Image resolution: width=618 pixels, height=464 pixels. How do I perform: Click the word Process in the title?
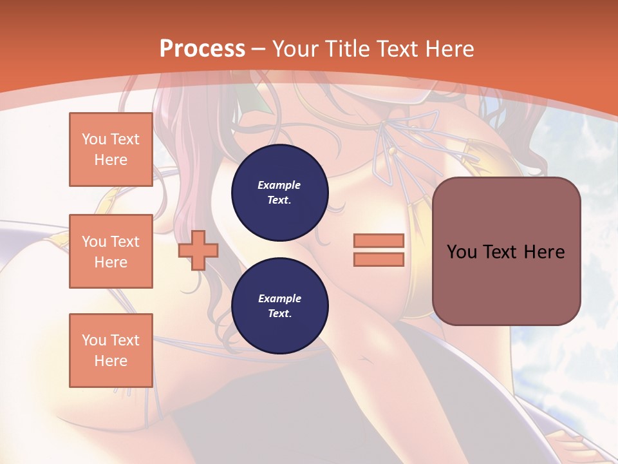(202, 48)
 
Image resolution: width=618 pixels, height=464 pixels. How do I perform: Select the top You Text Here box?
(111, 150)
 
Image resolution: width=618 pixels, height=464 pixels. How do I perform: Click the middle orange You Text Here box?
(111, 251)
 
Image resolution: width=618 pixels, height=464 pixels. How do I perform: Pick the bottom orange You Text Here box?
(111, 350)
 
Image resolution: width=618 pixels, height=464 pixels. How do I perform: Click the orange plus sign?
(198, 251)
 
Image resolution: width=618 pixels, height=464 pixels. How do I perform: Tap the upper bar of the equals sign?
(379, 240)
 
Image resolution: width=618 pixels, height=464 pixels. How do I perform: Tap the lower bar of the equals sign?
(379, 260)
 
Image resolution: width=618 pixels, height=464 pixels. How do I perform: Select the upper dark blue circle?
(279, 192)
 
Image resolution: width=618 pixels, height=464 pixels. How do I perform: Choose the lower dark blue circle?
(279, 305)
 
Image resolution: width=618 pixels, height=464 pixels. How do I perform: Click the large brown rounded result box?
(506, 251)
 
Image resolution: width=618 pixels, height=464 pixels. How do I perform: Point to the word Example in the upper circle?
(279, 185)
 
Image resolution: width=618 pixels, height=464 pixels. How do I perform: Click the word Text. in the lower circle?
(279, 314)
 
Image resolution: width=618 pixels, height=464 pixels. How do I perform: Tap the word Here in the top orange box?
(111, 160)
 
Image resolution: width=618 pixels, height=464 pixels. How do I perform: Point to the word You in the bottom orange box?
(94, 340)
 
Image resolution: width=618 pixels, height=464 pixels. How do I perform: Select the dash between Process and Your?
(259, 48)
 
